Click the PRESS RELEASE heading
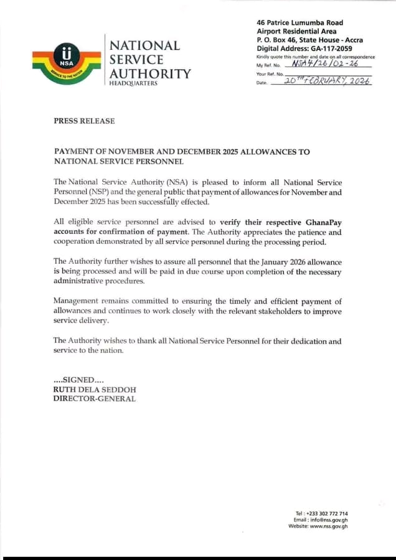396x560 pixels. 84,121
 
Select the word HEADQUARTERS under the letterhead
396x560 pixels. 133,83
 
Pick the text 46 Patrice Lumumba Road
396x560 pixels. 299,23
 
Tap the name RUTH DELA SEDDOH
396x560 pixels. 94,390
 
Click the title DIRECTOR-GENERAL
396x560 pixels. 94,398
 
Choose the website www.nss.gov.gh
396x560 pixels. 329,526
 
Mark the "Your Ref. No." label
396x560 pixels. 270,74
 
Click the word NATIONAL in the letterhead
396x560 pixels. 144,45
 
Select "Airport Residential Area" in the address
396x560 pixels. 296,31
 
